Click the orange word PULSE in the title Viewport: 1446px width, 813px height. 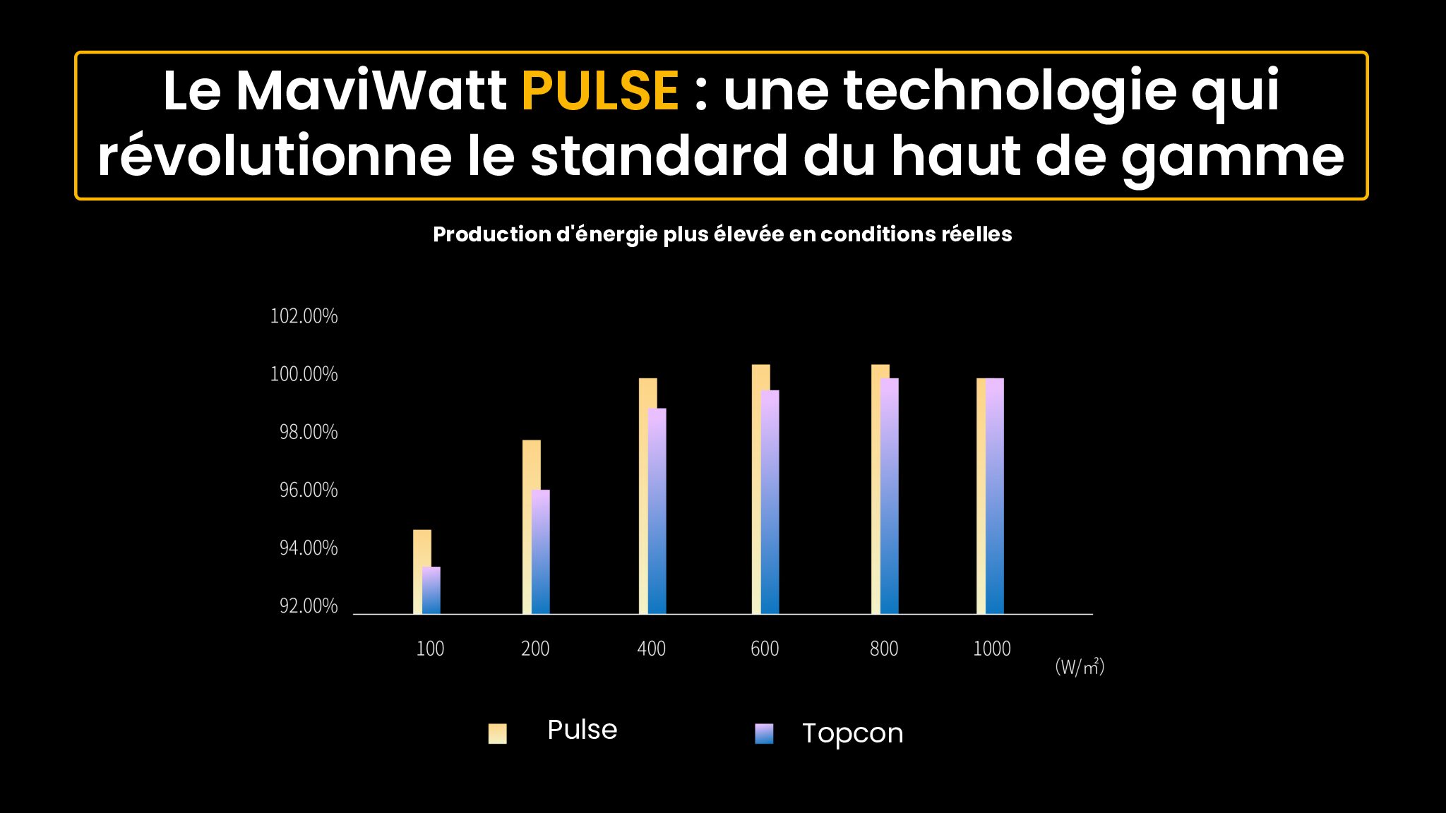[x=599, y=91]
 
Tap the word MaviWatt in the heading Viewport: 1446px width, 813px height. [x=371, y=91]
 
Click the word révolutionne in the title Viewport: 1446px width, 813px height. [x=275, y=157]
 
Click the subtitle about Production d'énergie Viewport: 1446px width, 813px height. [x=722, y=234]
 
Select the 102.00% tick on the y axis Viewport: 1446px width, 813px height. [x=304, y=316]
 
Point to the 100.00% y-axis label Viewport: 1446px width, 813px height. [x=304, y=374]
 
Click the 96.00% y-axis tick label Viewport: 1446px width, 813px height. [x=309, y=490]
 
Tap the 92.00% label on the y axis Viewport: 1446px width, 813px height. [x=309, y=606]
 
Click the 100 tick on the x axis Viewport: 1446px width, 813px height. [x=430, y=649]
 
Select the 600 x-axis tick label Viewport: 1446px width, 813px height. [x=765, y=649]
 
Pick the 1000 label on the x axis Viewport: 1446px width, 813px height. [x=992, y=649]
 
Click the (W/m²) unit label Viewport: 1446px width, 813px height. [x=1080, y=666]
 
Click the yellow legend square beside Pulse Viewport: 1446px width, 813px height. [x=498, y=733]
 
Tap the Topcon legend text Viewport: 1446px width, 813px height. [x=852, y=733]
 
